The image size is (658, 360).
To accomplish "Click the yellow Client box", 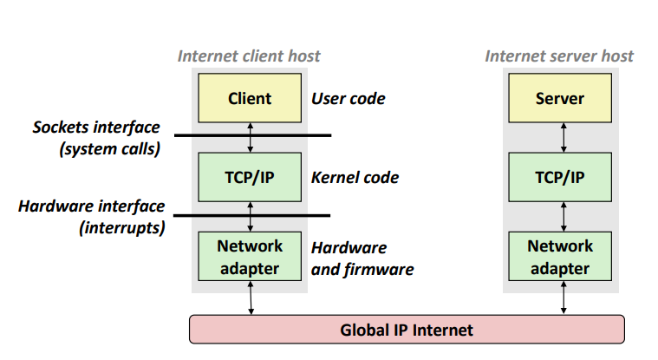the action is click(x=250, y=98).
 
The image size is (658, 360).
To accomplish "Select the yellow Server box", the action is click(x=560, y=98).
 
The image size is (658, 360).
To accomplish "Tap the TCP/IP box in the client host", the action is click(x=250, y=177).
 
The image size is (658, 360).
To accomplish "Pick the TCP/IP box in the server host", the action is click(x=560, y=177).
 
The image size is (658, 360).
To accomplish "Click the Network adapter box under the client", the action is click(x=250, y=256).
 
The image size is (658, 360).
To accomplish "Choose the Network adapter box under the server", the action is click(x=560, y=256).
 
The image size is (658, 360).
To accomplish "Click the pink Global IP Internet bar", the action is click(x=407, y=330).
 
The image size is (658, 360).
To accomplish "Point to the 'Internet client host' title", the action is click(x=249, y=56).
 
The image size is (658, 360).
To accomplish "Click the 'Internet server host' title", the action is click(x=559, y=56).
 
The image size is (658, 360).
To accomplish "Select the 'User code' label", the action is click(x=349, y=99).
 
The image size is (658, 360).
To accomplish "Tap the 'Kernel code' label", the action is click(x=355, y=178).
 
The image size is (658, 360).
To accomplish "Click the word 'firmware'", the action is click(x=379, y=269).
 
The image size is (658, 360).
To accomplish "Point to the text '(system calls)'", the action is click(x=110, y=149).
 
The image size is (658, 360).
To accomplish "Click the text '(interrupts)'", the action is click(x=122, y=228).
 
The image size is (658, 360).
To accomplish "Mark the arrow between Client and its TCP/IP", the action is click(x=250, y=138).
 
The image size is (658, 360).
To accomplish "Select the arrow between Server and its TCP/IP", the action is click(x=564, y=138).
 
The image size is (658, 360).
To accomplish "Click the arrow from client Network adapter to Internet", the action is click(x=251, y=298).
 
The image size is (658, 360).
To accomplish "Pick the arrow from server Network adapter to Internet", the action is click(x=564, y=298).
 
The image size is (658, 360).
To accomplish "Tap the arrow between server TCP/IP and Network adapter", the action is click(x=564, y=217).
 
